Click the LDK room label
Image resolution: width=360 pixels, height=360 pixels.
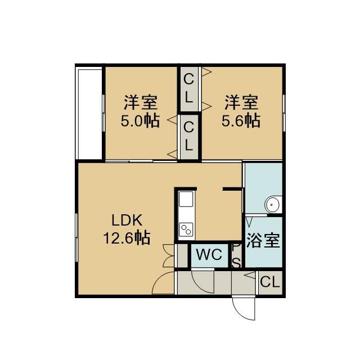[x=127, y=220]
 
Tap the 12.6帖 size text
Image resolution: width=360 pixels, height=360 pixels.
[x=127, y=237]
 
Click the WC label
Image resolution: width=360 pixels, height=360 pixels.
[x=209, y=254]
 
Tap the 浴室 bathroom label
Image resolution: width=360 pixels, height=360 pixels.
[x=263, y=240]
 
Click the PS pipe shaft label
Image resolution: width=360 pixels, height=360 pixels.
[x=236, y=255]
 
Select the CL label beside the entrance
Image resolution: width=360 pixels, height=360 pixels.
[x=270, y=282]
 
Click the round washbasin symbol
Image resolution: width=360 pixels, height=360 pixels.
[x=272, y=204]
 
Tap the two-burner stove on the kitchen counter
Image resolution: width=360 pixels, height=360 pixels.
[x=186, y=229]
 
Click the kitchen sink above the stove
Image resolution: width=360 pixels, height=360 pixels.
[x=186, y=199]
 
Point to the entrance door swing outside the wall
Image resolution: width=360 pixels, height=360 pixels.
[x=244, y=308]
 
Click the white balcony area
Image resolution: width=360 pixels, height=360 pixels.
[x=90, y=114]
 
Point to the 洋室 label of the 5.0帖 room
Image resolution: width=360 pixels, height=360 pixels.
[x=141, y=102]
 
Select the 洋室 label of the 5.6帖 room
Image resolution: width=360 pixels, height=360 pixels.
[x=241, y=102]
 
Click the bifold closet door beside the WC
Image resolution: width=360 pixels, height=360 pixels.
[x=169, y=256]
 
